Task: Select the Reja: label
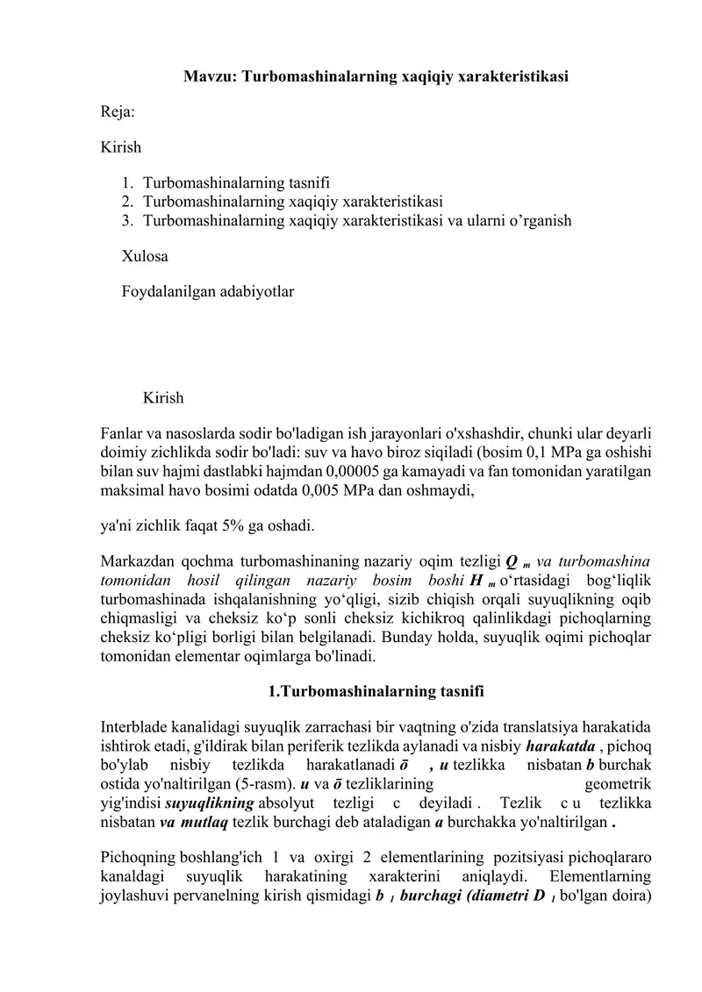pyautogui.click(x=118, y=112)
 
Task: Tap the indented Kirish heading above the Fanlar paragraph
pyautogui.click(x=163, y=398)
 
